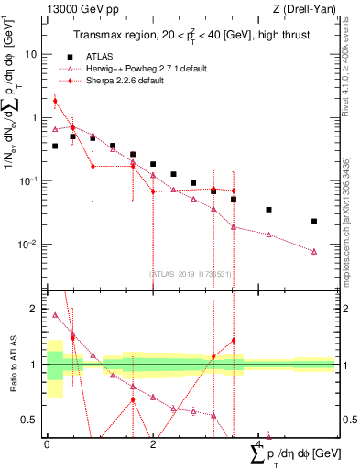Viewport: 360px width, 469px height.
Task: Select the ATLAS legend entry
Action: coord(99,55)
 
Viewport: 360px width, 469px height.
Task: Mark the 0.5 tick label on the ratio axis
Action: coord(30,420)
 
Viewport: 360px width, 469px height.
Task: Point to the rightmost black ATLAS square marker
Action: coord(314,221)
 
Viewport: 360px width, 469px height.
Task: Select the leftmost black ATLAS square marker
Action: coord(55,146)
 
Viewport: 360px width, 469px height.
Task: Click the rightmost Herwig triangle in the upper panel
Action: coord(314,251)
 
